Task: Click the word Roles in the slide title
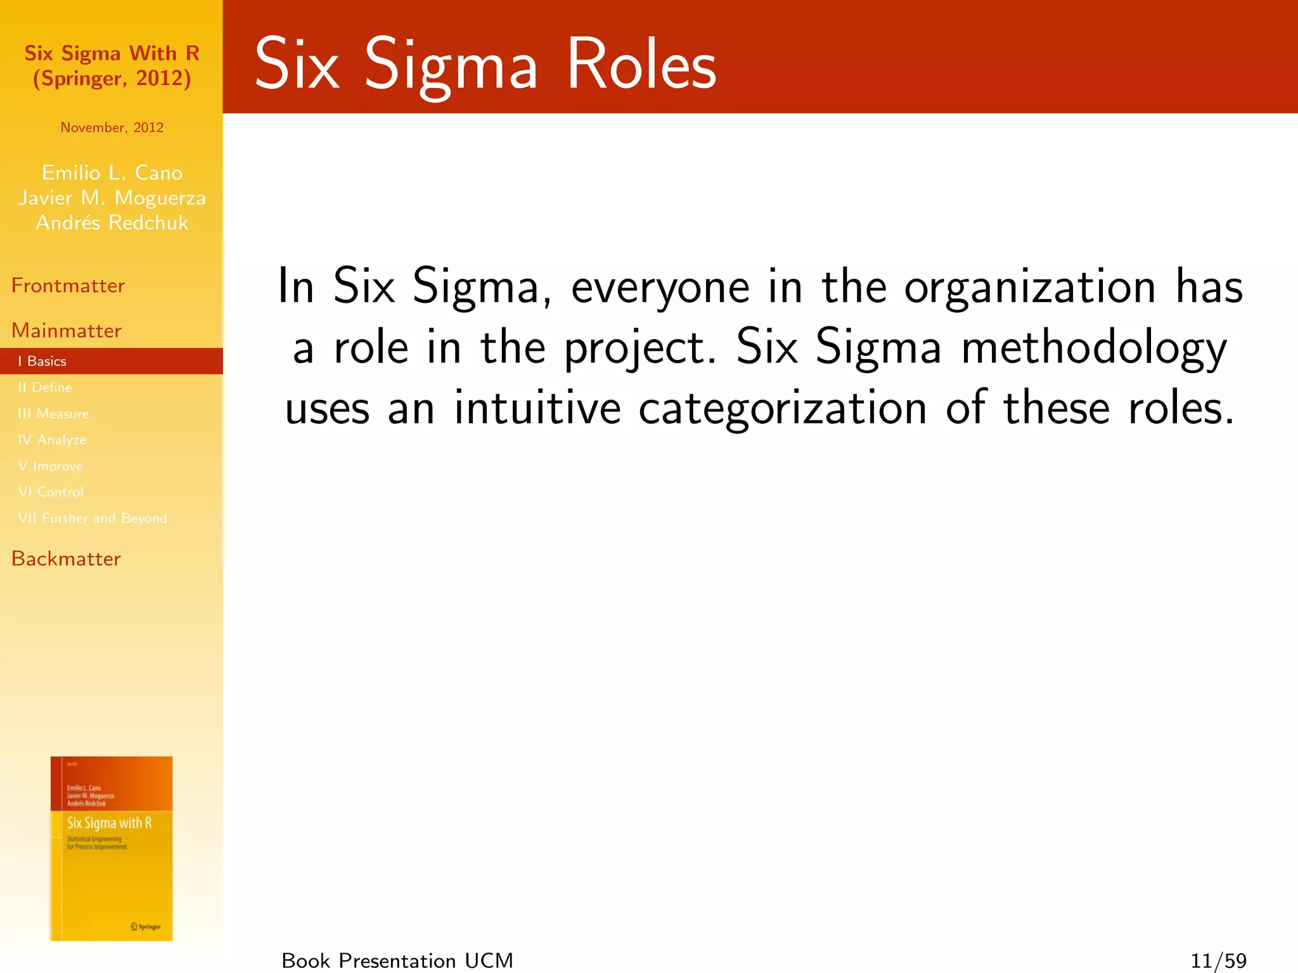click(641, 65)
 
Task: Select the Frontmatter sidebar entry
click(68, 286)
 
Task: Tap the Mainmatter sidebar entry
click(67, 331)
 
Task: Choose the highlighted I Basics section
click(42, 361)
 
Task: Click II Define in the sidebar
click(45, 387)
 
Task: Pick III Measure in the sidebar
click(53, 414)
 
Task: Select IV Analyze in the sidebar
click(52, 440)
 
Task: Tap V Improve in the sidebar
click(51, 466)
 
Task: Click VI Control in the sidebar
click(51, 492)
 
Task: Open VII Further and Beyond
click(93, 518)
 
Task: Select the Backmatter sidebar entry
click(66, 559)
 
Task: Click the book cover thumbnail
click(112, 848)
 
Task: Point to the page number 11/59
click(1218, 961)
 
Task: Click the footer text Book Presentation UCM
click(397, 961)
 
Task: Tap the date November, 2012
click(112, 127)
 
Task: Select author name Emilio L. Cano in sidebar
click(112, 173)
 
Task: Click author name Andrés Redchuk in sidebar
click(112, 223)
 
